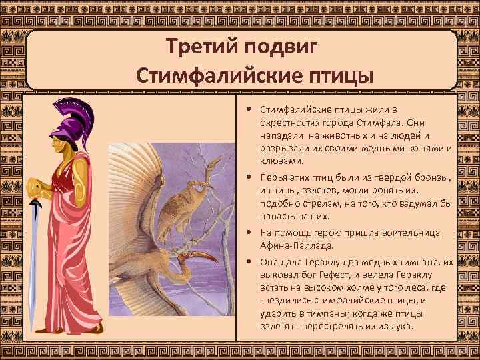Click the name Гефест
coord(325,277)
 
